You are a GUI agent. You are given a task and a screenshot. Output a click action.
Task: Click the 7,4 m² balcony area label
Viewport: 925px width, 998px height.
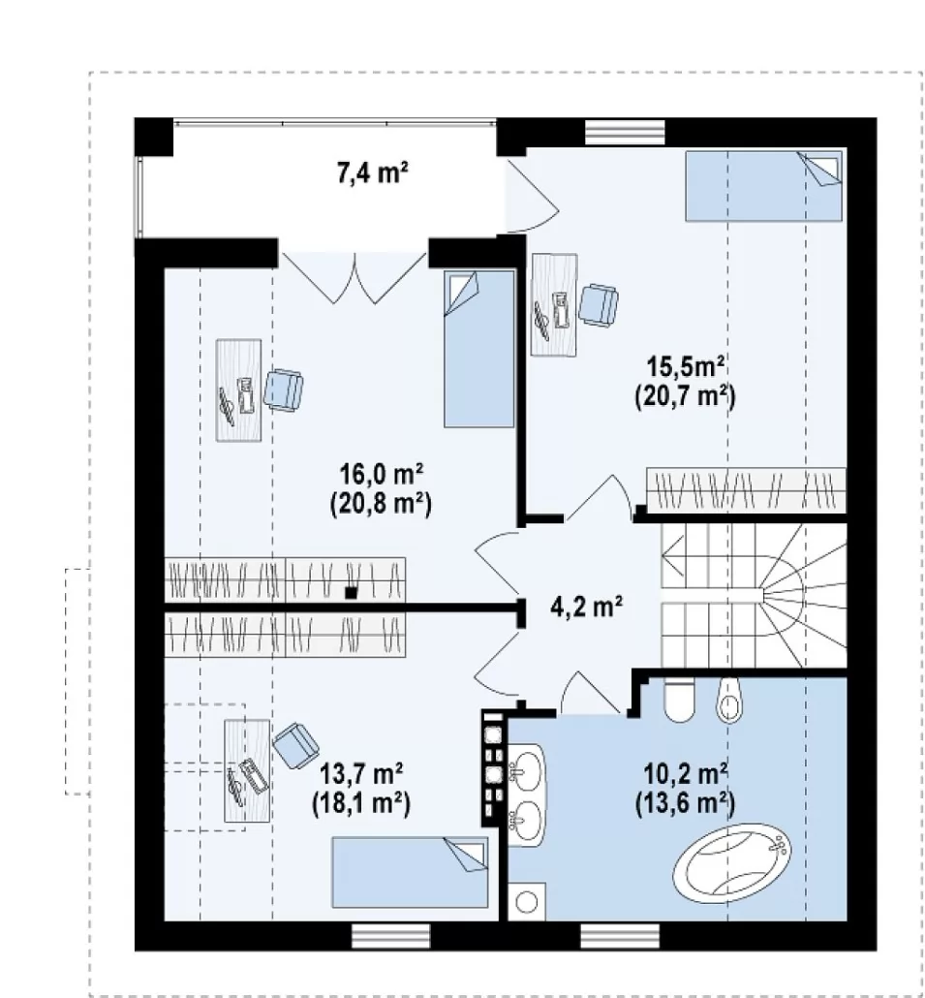click(372, 173)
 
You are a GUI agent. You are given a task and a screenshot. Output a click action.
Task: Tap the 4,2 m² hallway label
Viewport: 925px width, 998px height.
click(586, 607)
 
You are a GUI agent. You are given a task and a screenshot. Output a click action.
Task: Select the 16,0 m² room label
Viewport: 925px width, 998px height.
click(381, 474)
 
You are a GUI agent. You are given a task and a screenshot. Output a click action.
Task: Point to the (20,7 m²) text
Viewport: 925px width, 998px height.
click(686, 396)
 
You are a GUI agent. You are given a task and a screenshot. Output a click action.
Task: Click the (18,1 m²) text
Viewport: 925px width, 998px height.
click(361, 804)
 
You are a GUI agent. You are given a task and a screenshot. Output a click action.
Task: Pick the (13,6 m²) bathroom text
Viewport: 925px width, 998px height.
click(686, 803)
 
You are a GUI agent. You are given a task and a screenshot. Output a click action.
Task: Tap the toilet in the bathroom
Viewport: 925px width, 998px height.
click(678, 701)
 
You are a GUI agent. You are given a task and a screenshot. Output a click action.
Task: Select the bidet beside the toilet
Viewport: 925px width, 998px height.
click(729, 701)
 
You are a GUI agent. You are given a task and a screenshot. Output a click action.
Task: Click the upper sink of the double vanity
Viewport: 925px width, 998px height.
click(527, 773)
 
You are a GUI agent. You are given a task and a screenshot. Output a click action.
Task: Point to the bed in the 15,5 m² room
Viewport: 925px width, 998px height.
click(763, 185)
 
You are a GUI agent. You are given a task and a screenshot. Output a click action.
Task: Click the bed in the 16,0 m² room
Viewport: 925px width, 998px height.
click(479, 349)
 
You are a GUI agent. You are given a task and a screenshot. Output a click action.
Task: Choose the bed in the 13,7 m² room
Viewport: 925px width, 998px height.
click(410, 873)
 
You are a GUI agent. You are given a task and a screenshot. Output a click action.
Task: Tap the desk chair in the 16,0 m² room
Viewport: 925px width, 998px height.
click(283, 390)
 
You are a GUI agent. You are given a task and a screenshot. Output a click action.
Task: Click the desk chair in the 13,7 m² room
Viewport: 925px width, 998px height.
click(295, 745)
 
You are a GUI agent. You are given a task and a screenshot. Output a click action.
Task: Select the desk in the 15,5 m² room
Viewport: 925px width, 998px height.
click(554, 305)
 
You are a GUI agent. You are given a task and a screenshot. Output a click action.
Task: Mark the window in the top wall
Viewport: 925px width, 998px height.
click(625, 133)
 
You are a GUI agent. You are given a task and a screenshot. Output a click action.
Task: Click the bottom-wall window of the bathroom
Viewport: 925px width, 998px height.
click(620, 936)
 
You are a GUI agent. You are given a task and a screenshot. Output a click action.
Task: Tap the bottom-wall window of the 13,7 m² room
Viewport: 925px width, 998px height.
click(390, 936)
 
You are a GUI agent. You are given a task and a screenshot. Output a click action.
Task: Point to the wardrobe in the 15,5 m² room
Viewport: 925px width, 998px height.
click(746, 490)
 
